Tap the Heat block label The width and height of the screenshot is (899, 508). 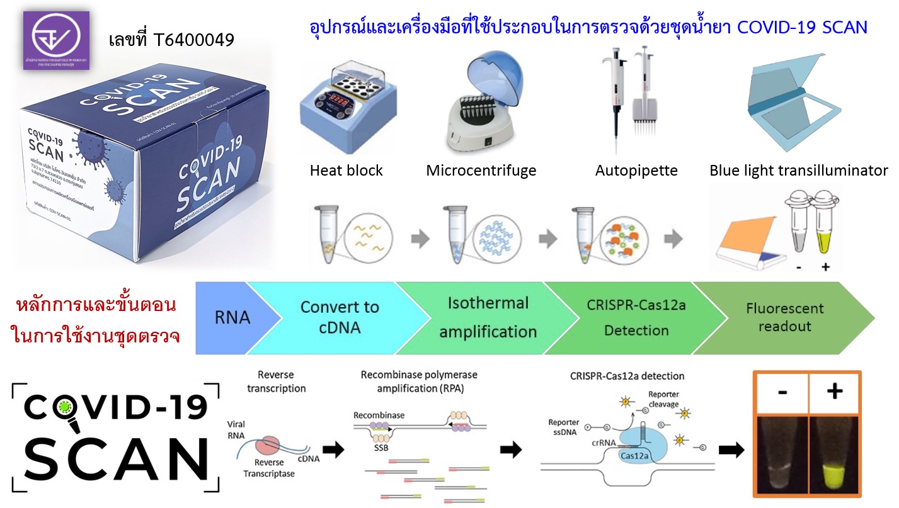point(346,171)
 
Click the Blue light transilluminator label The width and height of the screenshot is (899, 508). point(798,171)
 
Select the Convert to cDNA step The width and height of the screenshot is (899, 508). point(339,317)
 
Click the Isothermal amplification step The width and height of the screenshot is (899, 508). point(488,317)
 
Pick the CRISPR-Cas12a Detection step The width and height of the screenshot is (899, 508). point(636,317)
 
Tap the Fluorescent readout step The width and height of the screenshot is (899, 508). point(784,317)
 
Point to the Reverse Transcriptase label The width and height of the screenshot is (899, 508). point(269,468)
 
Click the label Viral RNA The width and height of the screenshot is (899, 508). point(236,429)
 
